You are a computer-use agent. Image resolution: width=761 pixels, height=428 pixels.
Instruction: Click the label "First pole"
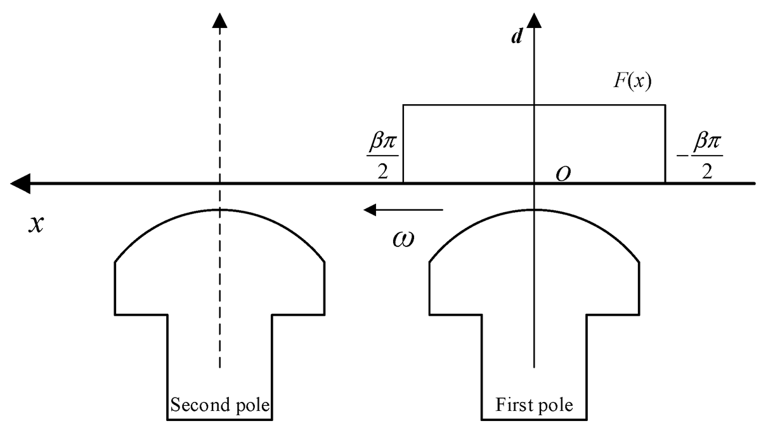535,405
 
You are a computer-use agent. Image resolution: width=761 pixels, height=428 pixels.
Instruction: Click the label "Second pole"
219,405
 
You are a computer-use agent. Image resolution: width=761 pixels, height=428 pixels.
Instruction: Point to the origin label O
561,174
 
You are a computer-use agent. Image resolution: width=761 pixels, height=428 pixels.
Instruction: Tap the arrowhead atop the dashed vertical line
219,20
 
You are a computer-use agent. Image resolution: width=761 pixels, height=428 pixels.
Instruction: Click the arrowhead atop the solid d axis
535,20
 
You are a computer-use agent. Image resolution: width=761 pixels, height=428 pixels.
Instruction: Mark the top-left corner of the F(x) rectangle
404,105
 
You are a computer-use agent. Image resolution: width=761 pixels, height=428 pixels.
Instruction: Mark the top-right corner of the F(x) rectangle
665,105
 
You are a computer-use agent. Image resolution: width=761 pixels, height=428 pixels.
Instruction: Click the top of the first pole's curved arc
535,210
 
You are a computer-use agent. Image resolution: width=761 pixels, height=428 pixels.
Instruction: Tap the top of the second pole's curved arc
219,210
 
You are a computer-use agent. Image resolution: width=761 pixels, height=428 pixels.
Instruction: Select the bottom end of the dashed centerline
219,367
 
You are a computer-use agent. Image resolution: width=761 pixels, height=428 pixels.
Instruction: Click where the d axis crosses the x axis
535,184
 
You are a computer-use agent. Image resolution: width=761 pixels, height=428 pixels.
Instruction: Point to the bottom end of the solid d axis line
535,367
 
